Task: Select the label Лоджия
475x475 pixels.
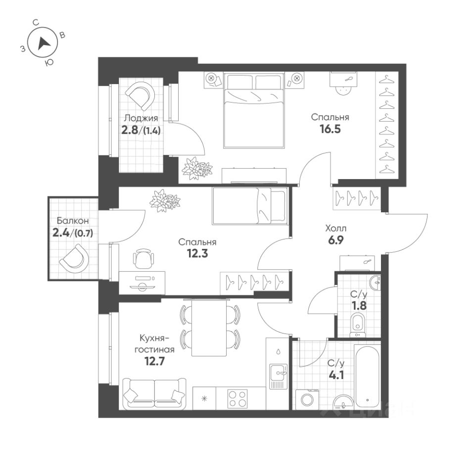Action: [x=141, y=118]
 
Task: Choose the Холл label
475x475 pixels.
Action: [x=335, y=229]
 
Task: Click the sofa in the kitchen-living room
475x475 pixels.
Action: [x=154, y=394]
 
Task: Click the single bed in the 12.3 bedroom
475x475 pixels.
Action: [x=249, y=205]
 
